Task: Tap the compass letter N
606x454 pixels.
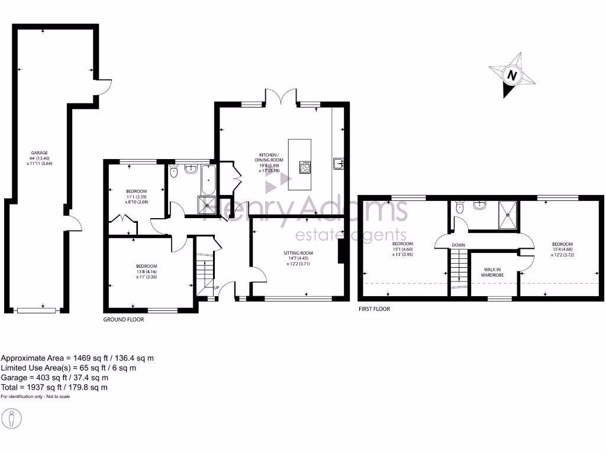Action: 512,76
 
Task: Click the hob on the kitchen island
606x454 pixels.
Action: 305,167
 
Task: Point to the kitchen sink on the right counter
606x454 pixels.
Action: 339,163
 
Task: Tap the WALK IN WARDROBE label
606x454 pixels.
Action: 492,271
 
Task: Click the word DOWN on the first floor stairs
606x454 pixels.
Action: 458,245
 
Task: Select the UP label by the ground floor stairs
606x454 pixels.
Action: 216,288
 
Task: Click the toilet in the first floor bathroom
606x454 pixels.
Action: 460,207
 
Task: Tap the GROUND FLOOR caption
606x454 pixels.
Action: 124,319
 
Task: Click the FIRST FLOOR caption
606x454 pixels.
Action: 374,309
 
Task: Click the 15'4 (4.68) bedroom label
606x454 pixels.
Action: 562,249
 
